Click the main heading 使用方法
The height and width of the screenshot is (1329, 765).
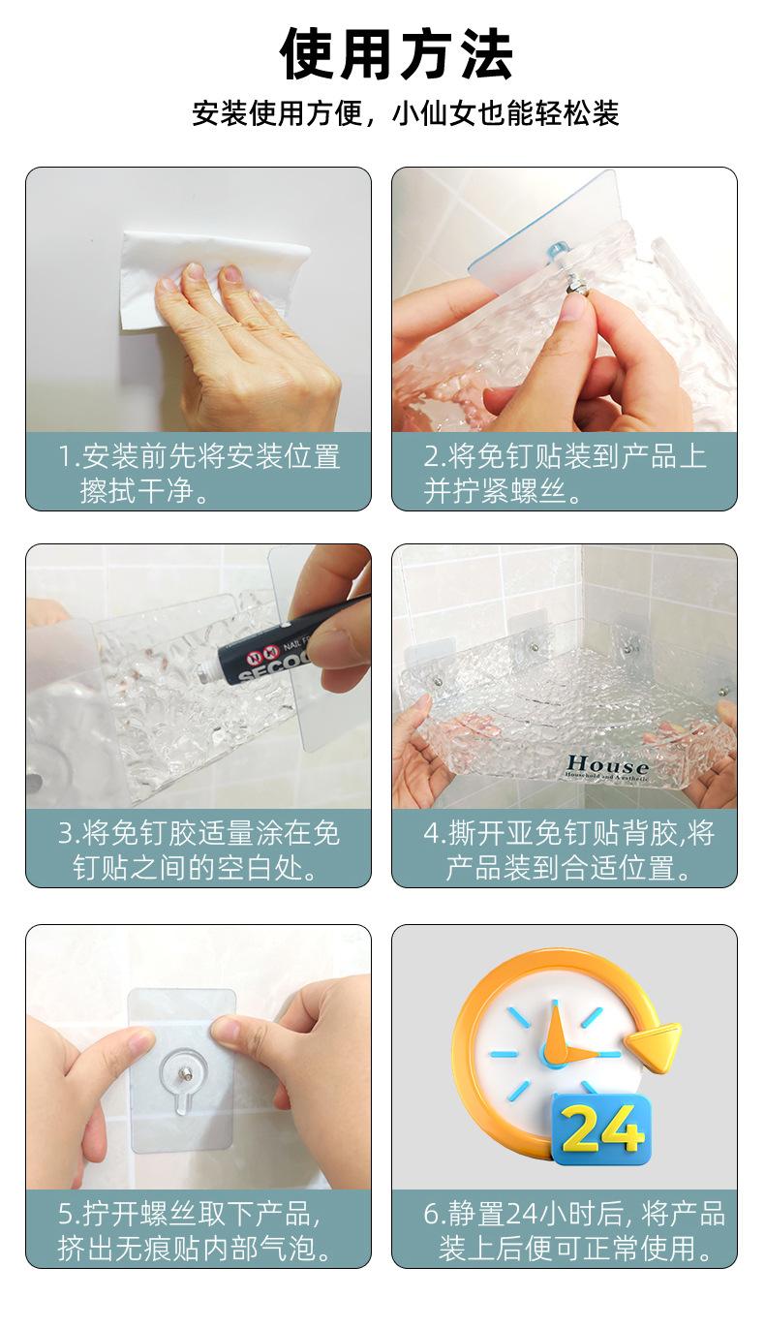click(396, 54)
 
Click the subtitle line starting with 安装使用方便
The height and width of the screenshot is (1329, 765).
click(406, 112)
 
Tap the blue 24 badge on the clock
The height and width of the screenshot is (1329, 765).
click(600, 1131)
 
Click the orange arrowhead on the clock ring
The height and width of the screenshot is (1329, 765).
click(653, 1048)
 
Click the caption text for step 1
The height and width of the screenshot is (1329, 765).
click(199, 473)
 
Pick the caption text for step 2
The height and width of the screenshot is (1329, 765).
click(565, 473)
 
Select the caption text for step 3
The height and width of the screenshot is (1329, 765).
click(199, 850)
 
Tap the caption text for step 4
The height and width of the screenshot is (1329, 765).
click(568, 850)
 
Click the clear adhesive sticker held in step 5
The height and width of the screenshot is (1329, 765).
click(183, 1072)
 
